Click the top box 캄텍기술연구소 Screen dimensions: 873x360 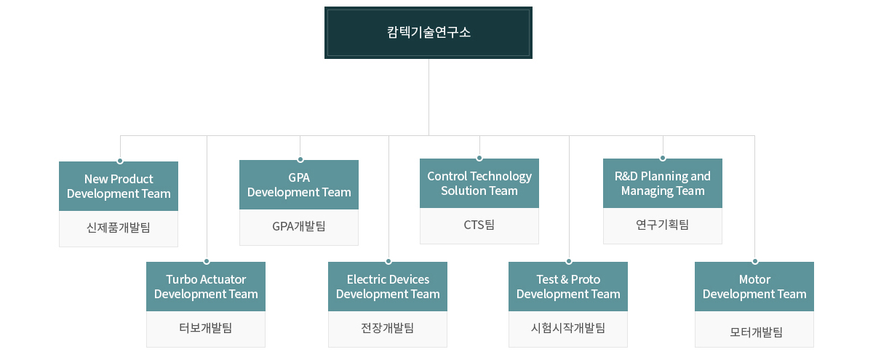[x=428, y=33]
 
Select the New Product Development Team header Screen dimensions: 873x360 [x=119, y=186]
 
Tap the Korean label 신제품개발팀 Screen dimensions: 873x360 [x=119, y=228]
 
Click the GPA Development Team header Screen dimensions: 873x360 [x=299, y=185]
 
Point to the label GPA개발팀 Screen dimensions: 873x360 [x=299, y=226]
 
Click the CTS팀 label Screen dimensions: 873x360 [x=479, y=225]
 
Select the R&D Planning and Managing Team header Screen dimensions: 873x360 [x=663, y=183]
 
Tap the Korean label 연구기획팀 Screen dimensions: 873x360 [x=663, y=225]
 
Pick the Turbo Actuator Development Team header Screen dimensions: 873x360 [x=206, y=287]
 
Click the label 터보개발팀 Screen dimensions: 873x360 [x=206, y=328]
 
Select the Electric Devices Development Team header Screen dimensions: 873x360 [x=388, y=287]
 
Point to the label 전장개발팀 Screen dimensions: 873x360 [x=388, y=328]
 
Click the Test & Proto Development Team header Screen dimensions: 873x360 [x=568, y=287]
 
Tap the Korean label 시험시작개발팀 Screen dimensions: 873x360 [x=568, y=328]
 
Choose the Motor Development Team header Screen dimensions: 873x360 [x=754, y=287]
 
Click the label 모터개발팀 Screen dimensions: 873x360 [x=756, y=332]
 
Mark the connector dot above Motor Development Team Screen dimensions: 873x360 [x=755, y=261]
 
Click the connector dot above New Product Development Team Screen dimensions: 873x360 [x=120, y=161]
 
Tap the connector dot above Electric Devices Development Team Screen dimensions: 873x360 [x=388, y=261]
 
